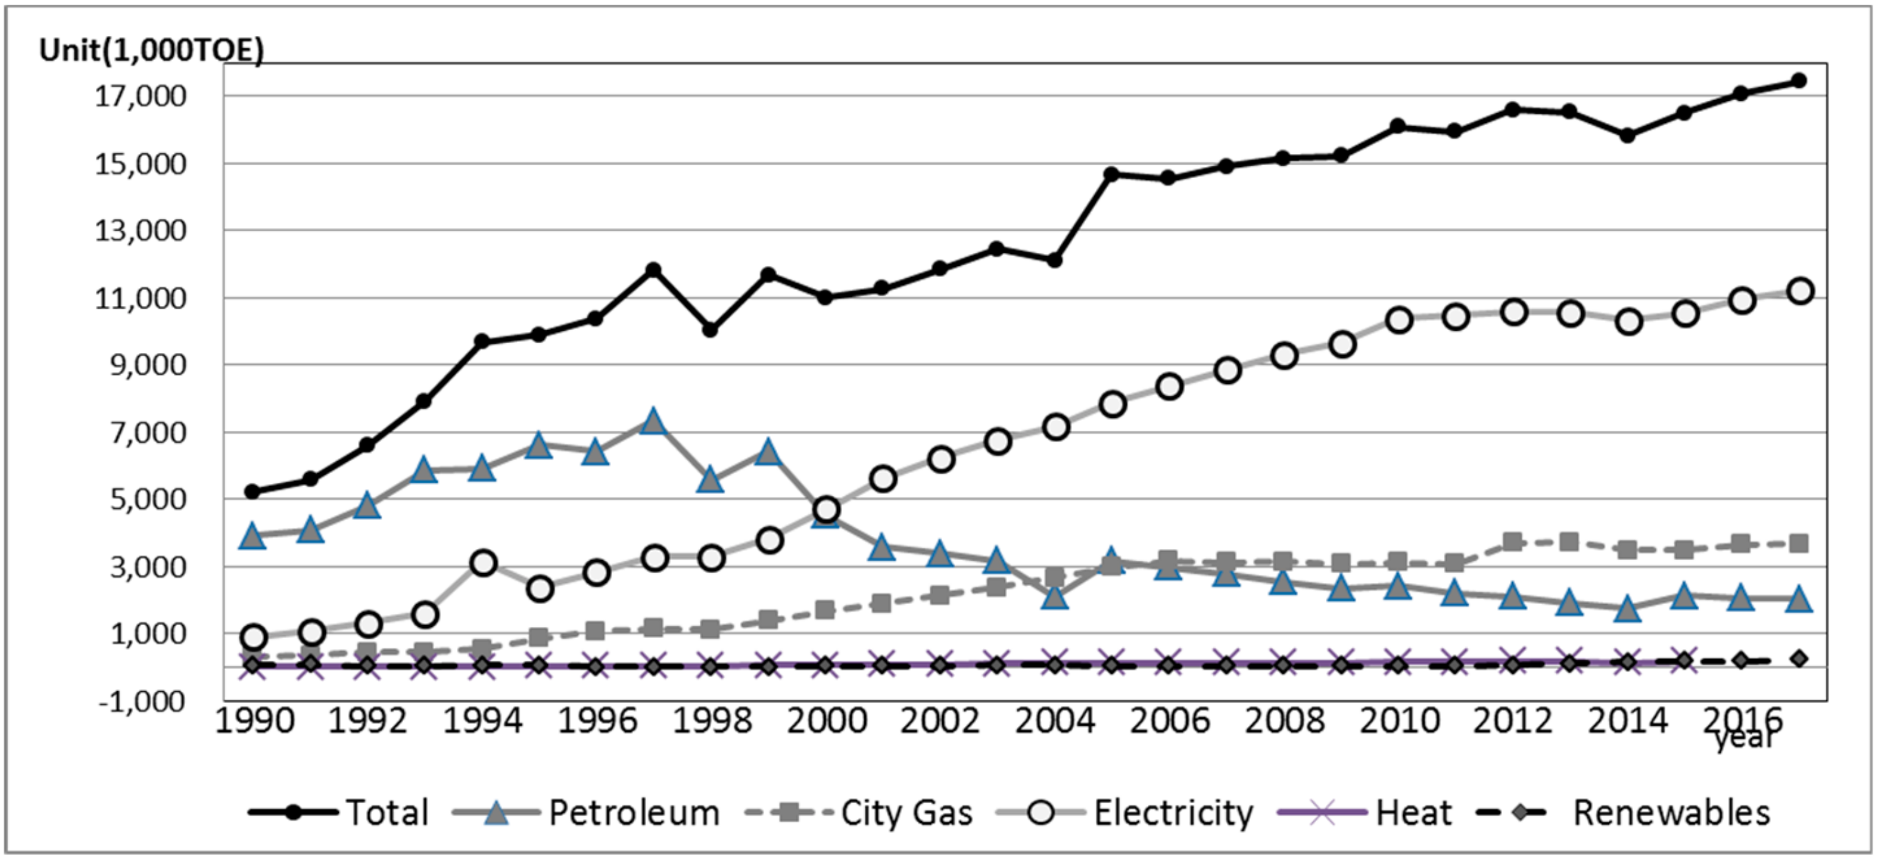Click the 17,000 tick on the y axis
tap(140, 95)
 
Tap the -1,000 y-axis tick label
tap(141, 701)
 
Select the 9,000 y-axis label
tap(148, 365)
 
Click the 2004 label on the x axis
tap(1054, 721)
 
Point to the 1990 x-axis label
tap(255, 721)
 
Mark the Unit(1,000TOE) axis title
tap(152, 50)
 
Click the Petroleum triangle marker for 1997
tap(653, 421)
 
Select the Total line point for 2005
tap(1111, 174)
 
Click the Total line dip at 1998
tap(710, 329)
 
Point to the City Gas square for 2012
tap(1512, 542)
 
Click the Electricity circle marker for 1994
tap(483, 563)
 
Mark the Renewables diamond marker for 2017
tap(1799, 659)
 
